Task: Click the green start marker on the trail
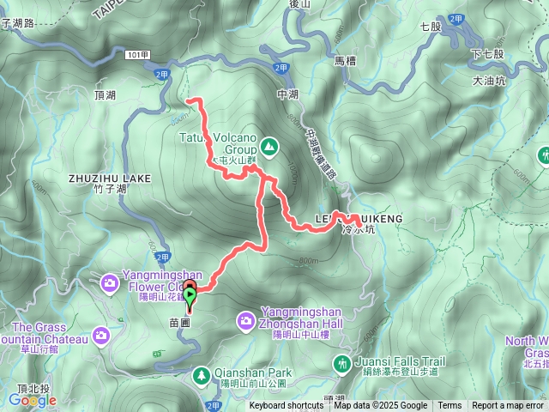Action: [190, 295]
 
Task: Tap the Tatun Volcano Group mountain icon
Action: [269, 147]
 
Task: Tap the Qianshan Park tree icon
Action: [201, 375]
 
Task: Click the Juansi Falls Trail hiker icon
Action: [342, 367]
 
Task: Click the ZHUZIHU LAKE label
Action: [108, 179]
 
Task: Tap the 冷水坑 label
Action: [359, 230]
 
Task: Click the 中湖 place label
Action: [287, 94]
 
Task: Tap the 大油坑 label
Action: [489, 82]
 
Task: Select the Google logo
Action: [33, 400]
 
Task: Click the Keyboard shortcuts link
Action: [287, 406]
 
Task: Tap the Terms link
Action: [449, 406]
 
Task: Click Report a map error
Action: [508, 406]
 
